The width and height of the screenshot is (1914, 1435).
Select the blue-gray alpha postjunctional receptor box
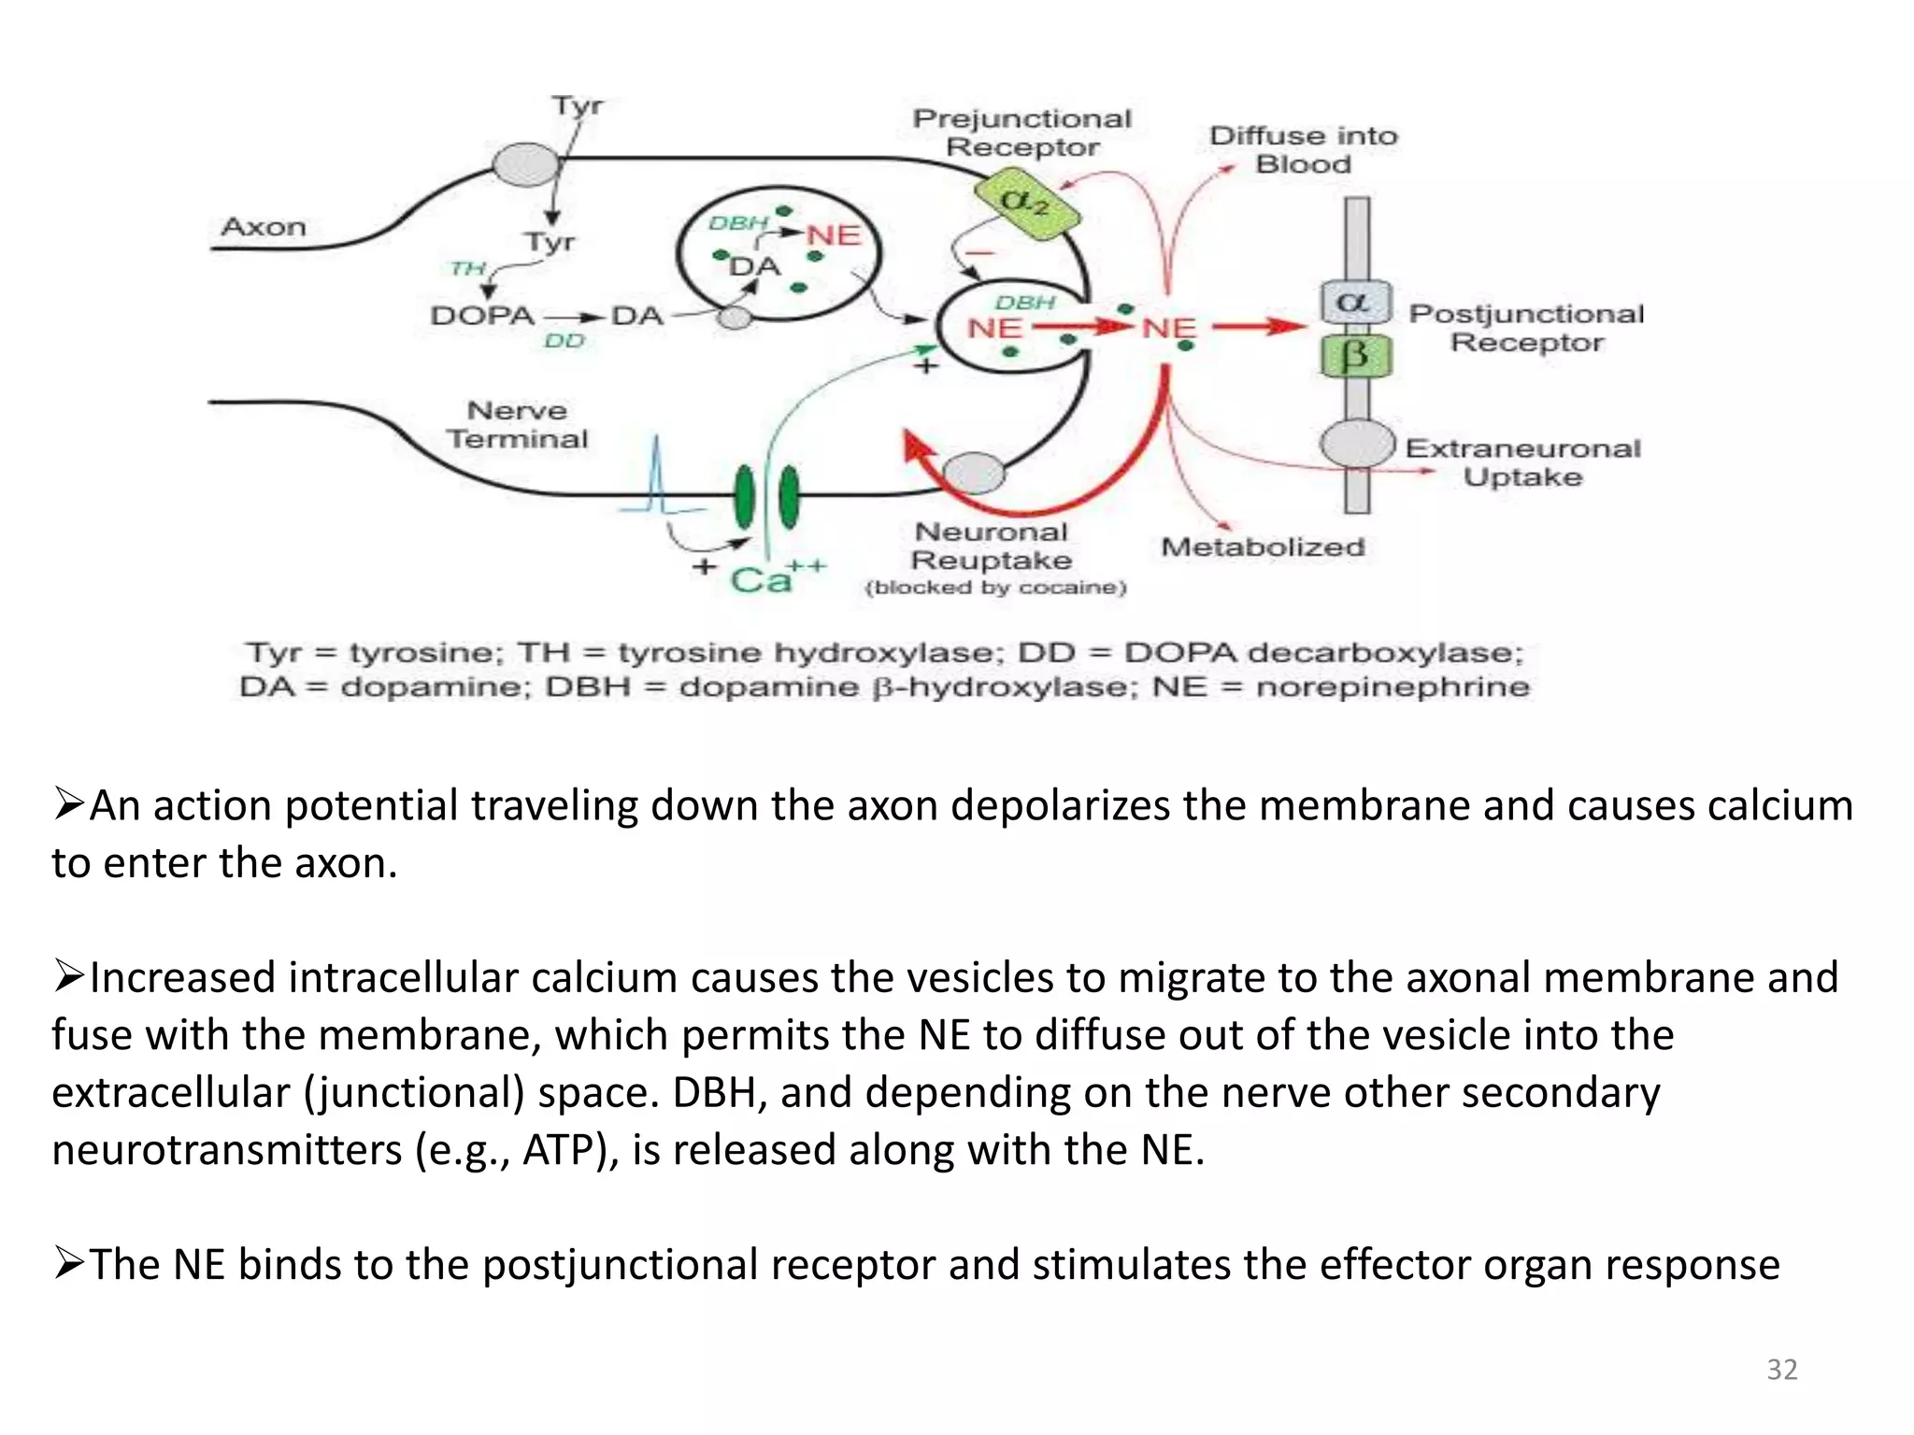click(x=1355, y=303)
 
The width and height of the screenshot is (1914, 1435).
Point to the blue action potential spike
click(x=657, y=476)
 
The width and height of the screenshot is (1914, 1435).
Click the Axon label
click(x=264, y=227)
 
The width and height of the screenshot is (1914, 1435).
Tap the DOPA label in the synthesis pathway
click(x=482, y=316)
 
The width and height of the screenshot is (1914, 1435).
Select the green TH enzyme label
click(x=467, y=269)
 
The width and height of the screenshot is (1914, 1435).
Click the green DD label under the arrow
click(x=564, y=341)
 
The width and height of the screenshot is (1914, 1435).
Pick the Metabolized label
click(x=1263, y=547)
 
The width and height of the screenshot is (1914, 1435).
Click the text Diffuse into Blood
click(x=1303, y=149)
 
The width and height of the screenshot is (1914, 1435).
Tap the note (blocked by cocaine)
click(x=995, y=588)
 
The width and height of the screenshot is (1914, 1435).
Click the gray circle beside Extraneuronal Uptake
click(x=1357, y=445)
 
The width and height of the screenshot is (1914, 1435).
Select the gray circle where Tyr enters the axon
click(x=525, y=165)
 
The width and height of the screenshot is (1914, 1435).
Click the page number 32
click(x=1781, y=1369)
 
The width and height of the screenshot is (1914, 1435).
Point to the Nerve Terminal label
click(x=517, y=424)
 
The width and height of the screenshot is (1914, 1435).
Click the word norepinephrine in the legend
click(x=1393, y=687)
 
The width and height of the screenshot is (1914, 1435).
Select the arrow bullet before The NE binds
click(x=69, y=1264)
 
